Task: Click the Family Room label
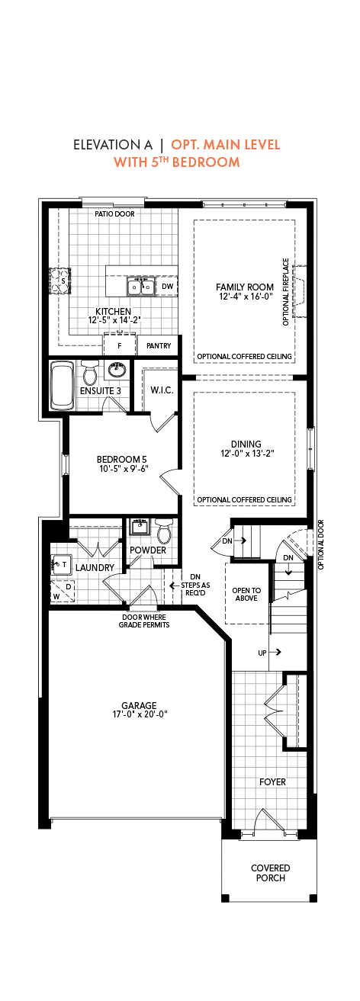coord(245,287)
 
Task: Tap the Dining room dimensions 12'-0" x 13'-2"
coord(246,453)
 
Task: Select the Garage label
coord(139,706)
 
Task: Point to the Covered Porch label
coord(271,873)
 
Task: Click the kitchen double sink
coord(141,287)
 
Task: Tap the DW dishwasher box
coord(167,287)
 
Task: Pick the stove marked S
coord(60,281)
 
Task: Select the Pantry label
coord(159,346)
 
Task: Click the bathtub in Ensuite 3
coord(63,386)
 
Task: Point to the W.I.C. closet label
coord(162,390)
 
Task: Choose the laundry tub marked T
coord(61,564)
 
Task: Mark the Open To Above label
coord(246,595)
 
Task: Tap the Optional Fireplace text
coord(286,292)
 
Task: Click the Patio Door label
coord(114,214)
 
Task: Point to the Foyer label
coord(273,781)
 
